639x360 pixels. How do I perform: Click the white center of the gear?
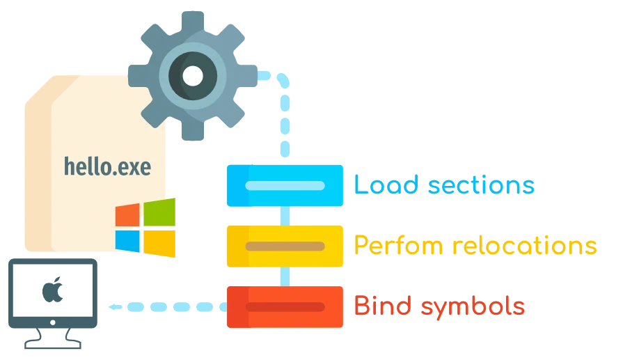click(x=193, y=75)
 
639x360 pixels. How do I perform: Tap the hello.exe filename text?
click(x=107, y=166)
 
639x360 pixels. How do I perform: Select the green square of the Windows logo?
click(x=160, y=212)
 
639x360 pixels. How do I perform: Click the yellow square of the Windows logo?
click(x=159, y=242)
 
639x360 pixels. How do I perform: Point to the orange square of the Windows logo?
click(x=127, y=214)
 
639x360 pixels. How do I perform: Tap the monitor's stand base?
click(x=52, y=344)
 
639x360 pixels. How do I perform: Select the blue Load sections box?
click(x=285, y=186)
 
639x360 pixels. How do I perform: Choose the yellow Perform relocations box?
click(x=285, y=246)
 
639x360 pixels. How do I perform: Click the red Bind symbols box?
click(x=285, y=306)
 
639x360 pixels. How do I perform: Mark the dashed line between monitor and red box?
click(x=166, y=306)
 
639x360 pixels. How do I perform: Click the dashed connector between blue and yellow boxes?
click(x=285, y=217)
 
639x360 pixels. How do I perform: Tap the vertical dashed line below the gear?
click(x=285, y=125)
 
